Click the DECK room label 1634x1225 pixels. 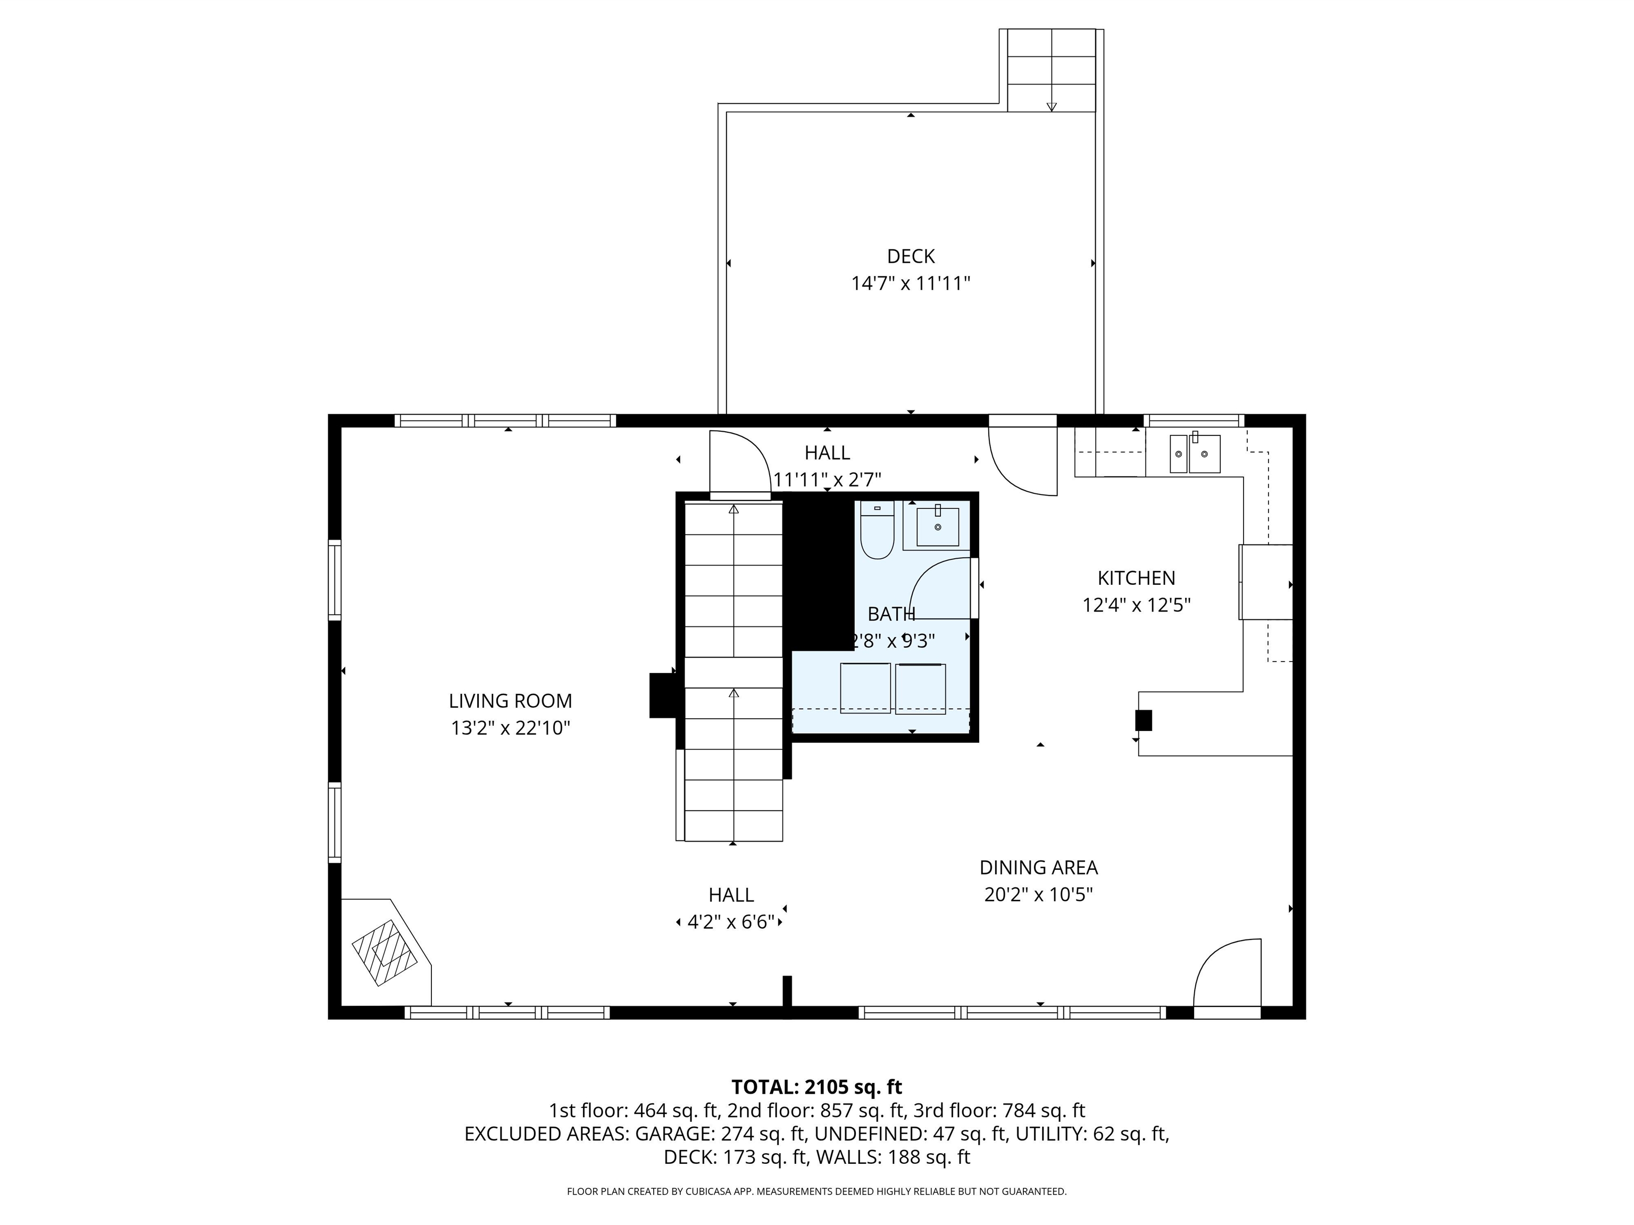point(910,256)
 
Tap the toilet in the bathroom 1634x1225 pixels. point(877,532)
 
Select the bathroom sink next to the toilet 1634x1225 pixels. point(937,526)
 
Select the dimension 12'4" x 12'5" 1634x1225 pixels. point(1136,606)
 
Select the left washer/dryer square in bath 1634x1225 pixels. point(865,688)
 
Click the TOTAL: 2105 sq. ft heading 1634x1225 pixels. point(816,1087)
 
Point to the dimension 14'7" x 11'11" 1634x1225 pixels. point(910,283)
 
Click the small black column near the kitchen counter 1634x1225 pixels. point(1143,720)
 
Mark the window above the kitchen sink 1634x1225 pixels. point(1194,421)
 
